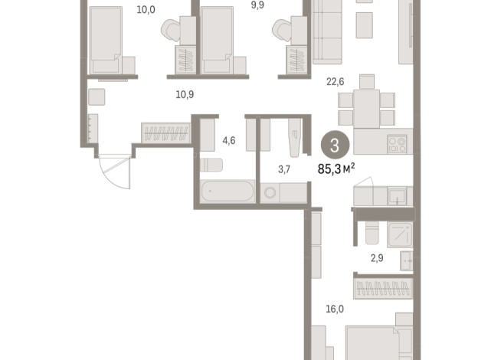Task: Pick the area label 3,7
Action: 283,169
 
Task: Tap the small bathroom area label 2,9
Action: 377,258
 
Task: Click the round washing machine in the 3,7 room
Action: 270,193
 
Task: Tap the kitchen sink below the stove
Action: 396,196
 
